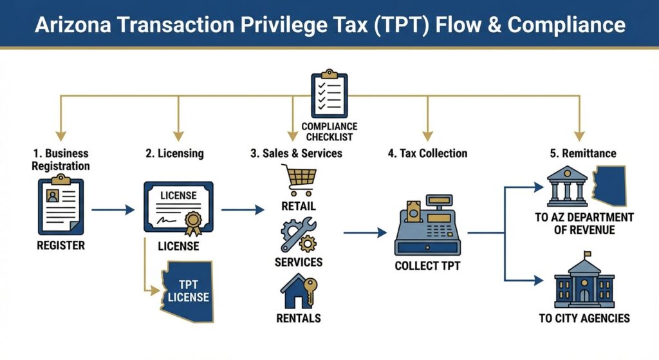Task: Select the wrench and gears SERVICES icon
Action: [x=298, y=236]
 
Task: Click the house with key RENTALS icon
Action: [x=298, y=291]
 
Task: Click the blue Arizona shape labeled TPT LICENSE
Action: [x=187, y=290]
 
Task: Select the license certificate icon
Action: [x=178, y=209]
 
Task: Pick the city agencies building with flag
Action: [x=584, y=283]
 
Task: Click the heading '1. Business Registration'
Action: [x=61, y=160]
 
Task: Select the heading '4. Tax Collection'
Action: [x=427, y=153]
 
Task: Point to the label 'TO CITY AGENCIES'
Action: [x=584, y=318]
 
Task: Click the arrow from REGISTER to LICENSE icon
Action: [x=113, y=209]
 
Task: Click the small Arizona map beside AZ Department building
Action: [x=611, y=185]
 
